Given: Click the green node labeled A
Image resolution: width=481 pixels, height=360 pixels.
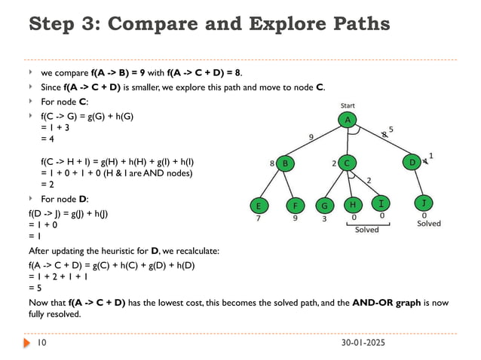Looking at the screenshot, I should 348,121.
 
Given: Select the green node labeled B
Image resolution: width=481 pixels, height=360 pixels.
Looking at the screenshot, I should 286,163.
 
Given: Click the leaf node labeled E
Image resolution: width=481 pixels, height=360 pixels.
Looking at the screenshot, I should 259,205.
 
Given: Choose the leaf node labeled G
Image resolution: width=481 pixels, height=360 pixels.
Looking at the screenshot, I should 325,205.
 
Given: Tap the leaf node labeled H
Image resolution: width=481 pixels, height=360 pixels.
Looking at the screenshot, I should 354,204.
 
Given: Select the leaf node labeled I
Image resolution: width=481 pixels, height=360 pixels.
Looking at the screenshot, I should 381,204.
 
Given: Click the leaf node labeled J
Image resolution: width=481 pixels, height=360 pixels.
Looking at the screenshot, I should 424,204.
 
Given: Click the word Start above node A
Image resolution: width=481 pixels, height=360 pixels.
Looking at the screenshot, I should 348,105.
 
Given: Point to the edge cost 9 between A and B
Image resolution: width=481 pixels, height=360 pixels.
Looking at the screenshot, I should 311,136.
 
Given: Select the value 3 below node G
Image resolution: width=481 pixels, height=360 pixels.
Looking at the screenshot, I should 324,219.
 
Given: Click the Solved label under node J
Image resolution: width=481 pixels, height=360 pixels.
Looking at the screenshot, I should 429,224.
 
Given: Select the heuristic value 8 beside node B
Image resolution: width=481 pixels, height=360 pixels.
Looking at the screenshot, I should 272,163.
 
